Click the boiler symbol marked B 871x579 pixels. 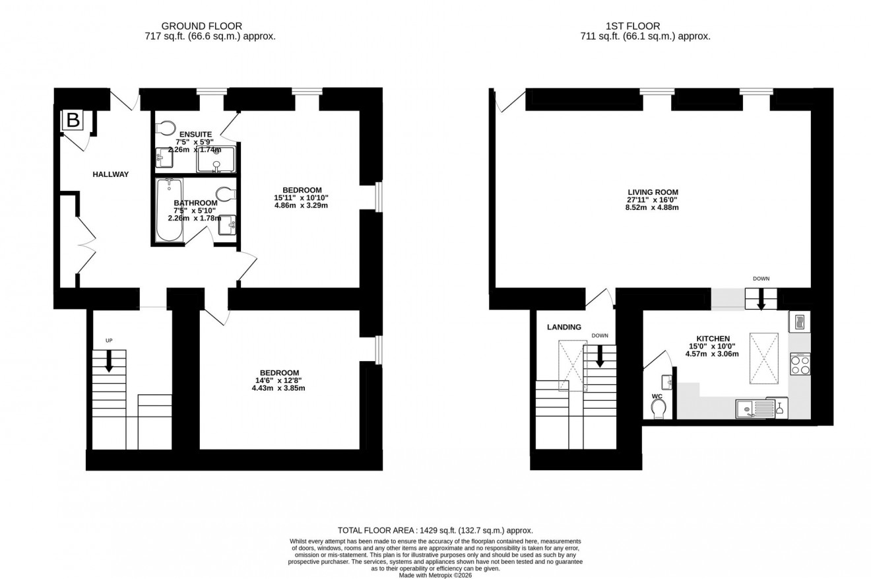pos(73,121)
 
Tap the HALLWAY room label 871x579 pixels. pos(110,174)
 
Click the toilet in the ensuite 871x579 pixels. pos(165,127)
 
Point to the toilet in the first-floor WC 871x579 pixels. pos(658,409)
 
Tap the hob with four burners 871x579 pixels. pos(800,364)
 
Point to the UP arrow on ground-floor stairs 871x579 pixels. pos(109,360)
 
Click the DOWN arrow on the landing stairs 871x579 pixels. pos(600,357)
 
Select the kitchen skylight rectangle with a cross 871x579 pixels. pos(763,358)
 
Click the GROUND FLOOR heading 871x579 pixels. pos(210,26)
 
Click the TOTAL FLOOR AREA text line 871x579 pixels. pos(435,530)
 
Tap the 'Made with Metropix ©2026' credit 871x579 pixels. pos(435,575)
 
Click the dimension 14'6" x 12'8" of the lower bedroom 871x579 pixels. pos(279,380)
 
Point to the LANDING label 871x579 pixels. pos(564,327)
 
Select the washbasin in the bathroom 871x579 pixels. pos(229,224)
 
